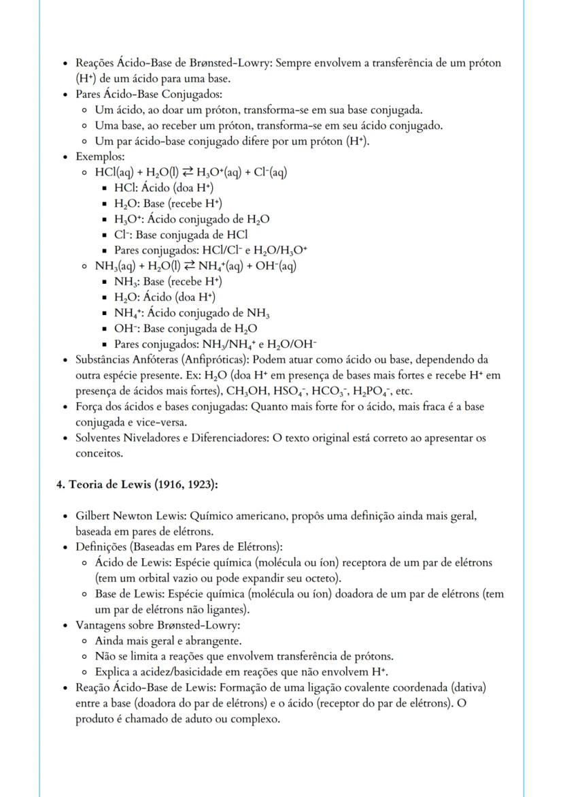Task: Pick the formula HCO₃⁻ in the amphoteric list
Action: [332, 391]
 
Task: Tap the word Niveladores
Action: [150, 438]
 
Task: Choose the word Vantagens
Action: [101, 625]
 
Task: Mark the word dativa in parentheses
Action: [466, 687]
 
